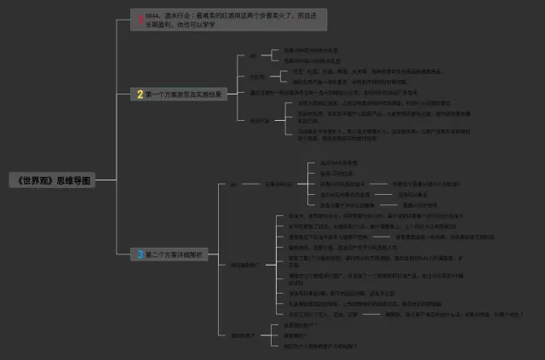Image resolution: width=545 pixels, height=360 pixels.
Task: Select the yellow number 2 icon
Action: coord(140,94)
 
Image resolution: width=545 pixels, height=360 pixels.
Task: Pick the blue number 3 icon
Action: coord(140,254)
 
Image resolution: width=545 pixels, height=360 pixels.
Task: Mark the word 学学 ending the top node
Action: coord(208,25)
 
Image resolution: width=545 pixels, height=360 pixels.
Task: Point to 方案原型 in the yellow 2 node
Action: coord(181,94)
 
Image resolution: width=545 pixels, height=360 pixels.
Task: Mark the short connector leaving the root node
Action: coord(106,181)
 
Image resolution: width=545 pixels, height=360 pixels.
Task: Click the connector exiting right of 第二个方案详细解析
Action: coord(221,254)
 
